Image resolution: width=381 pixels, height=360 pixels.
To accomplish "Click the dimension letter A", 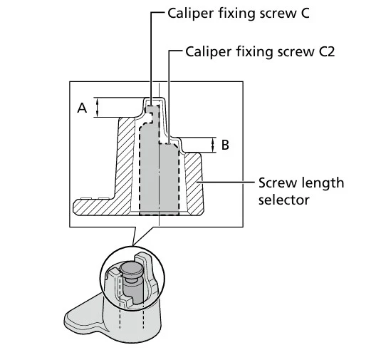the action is click(82, 108).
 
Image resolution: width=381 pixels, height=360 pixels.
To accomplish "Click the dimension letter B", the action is click(225, 145).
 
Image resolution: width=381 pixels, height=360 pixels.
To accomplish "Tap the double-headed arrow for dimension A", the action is click(97, 107).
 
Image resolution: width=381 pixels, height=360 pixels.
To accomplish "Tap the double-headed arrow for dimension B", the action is click(213, 145).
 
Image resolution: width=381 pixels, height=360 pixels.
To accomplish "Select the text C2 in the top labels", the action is click(327, 52).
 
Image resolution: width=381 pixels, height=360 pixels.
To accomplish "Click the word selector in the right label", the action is click(284, 200).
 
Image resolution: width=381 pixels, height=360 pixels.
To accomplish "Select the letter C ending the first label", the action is click(304, 14).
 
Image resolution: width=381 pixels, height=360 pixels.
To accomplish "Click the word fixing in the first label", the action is click(236, 14).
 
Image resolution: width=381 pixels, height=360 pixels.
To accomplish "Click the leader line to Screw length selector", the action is click(225, 182).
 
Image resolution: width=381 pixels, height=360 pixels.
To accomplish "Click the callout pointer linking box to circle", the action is click(143, 235).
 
